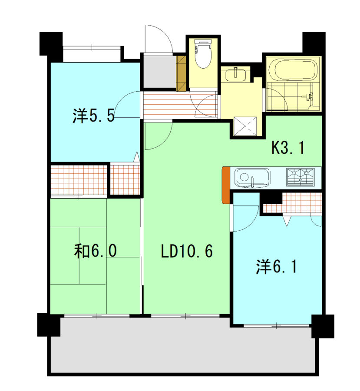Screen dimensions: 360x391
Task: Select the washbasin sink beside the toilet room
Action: tap(236, 74)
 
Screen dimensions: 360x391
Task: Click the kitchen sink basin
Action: tap(252, 178)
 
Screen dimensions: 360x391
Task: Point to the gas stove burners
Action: tap(301, 177)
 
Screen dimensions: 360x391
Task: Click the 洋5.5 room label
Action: tap(94, 116)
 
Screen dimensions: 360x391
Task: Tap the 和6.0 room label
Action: tap(95, 251)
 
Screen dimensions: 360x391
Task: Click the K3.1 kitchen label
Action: tap(288, 147)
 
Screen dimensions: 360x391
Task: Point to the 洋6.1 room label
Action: tap(277, 267)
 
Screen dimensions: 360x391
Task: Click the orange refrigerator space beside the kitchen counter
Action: tap(226, 185)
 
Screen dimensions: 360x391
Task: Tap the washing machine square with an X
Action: tap(245, 126)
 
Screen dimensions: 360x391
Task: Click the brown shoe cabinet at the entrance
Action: tap(181, 73)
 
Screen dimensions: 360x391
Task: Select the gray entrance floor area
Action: tap(159, 71)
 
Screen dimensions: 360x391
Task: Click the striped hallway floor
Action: tap(179, 105)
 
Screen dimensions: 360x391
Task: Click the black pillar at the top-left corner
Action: tap(51, 43)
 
